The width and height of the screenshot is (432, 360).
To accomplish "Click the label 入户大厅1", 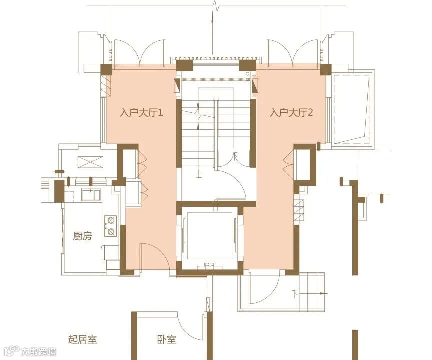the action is coord(141,113).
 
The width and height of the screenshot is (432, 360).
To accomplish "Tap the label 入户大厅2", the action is coord(291,113).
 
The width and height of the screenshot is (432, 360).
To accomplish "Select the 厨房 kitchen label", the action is coord(82,236).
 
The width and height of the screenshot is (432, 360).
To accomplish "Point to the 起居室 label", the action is coord(82,339).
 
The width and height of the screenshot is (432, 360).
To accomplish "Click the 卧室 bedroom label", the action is coord(167,339).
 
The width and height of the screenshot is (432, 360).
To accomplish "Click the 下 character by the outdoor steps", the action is coord(295,295).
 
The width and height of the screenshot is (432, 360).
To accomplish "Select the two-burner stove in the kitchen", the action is coord(111,226).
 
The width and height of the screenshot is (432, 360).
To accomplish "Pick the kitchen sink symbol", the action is coord(91,194).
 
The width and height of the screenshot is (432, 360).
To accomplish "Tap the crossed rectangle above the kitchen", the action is coord(90,162).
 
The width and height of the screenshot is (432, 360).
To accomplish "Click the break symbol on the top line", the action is coord(216,6).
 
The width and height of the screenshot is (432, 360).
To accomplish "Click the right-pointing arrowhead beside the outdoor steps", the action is coord(324,294).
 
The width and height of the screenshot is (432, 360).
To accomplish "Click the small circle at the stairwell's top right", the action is coord(248,74).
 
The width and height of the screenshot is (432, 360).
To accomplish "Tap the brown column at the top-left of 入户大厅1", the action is coord(106,69).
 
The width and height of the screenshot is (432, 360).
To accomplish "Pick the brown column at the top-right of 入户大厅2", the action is coord(325,69).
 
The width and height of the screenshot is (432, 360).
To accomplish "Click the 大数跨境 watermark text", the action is coord(39,351).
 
